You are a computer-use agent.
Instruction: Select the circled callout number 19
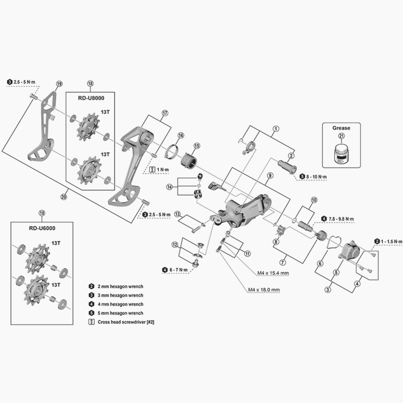tap(59, 84)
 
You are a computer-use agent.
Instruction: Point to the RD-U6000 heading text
tap(41, 228)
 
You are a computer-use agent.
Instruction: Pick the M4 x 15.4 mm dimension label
tap(273, 273)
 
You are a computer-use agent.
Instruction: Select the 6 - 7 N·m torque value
tap(179, 270)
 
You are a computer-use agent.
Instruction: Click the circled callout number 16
tap(181, 136)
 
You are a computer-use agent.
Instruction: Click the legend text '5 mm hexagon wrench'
tap(120, 313)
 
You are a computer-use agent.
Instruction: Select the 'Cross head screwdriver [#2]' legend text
tap(126, 322)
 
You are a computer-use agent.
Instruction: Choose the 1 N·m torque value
tap(164, 170)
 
